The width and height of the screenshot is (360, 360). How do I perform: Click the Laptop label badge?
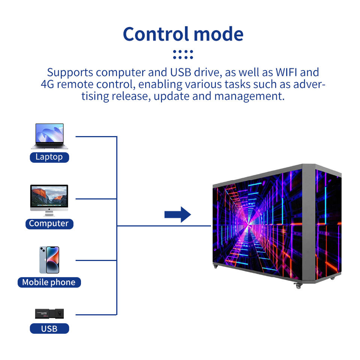(x=49, y=157)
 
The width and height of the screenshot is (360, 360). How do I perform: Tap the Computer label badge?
(x=49, y=223)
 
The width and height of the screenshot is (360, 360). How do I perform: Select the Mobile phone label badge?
(x=49, y=282)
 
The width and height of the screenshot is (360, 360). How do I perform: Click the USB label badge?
(x=49, y=328)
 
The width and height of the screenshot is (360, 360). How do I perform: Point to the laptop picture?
(x=49, y=136)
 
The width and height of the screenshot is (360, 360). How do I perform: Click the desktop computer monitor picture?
(x=49, y=200)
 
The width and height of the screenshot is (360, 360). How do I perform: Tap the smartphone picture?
(x=49, y=260)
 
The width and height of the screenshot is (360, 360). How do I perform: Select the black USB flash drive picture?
(x=49, y=314)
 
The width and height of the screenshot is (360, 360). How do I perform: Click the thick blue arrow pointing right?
(x=178, y=214)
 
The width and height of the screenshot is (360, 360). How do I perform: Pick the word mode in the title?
(x=219, y=34)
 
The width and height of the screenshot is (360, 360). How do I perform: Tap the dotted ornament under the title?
(x=183, y=55)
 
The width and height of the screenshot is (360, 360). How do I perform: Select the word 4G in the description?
(x=48, y=84)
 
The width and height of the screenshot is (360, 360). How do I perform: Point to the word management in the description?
(x=249, y=96)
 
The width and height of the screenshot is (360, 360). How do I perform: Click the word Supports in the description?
(x=70, y=73)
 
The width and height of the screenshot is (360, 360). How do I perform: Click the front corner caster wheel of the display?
(x=298, y=286)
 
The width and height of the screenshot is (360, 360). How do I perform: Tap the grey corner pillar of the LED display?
(x=308, y=223)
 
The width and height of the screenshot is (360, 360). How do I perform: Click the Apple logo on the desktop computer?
(x=49, y=209)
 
